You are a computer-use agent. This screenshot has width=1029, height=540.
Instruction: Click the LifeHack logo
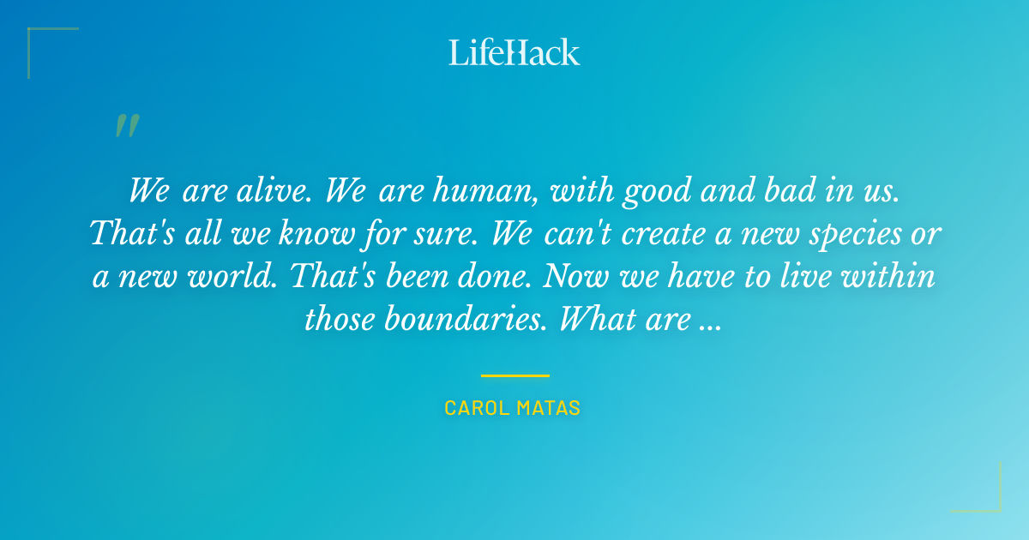(x=514, y=52)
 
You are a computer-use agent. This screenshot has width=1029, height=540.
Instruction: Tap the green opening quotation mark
(x=127, y=127)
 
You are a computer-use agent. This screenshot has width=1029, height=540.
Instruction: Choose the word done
(x=493, y=276)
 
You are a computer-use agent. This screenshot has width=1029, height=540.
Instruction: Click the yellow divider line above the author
(x=514, y=375)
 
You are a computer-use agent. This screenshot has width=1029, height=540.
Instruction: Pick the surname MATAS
(x=549, y=409)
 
